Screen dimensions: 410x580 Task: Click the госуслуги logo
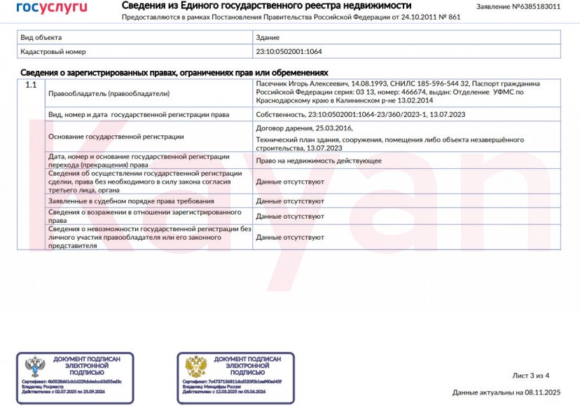pyautogui.click(x=52, y=8)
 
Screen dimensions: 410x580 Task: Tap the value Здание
pyautogui.click(x=268, y=37)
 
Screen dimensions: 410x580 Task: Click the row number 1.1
pyautogui.click(x=31, y=85)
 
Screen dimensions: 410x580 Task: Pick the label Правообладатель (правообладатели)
pyautogui.click(x=109, y=93)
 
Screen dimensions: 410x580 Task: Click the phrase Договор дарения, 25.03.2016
pyautogui.click(x=305, y=128)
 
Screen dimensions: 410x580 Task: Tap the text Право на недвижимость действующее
pyautogui.click(x=319, y=160)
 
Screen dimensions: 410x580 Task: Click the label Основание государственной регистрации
pyautogui.click(x=116, y=137)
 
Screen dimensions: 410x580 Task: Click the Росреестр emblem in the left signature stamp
pyautogui.click(x=35, y=366)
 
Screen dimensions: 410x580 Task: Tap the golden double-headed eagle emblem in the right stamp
pyautogui.click(x=195, y=366)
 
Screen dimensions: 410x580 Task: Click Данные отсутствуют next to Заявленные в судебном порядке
pyautogui.click(x=290, y=201)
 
